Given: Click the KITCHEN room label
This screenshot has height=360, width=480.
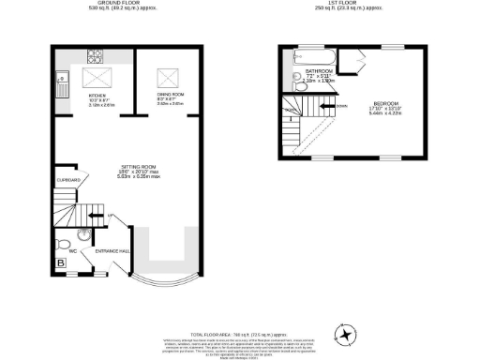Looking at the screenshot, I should [x=97, y=96].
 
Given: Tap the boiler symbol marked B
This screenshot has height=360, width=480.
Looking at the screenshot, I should [x=61, y=265].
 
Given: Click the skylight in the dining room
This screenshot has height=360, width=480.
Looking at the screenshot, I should [x=170, y=75].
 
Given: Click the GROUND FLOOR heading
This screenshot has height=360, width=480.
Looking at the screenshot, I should [x=104, y=4].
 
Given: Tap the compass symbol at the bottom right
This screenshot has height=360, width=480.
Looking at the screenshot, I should [x=348, y=333].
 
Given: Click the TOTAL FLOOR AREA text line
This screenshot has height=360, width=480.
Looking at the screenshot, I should [x=240, y=307].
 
